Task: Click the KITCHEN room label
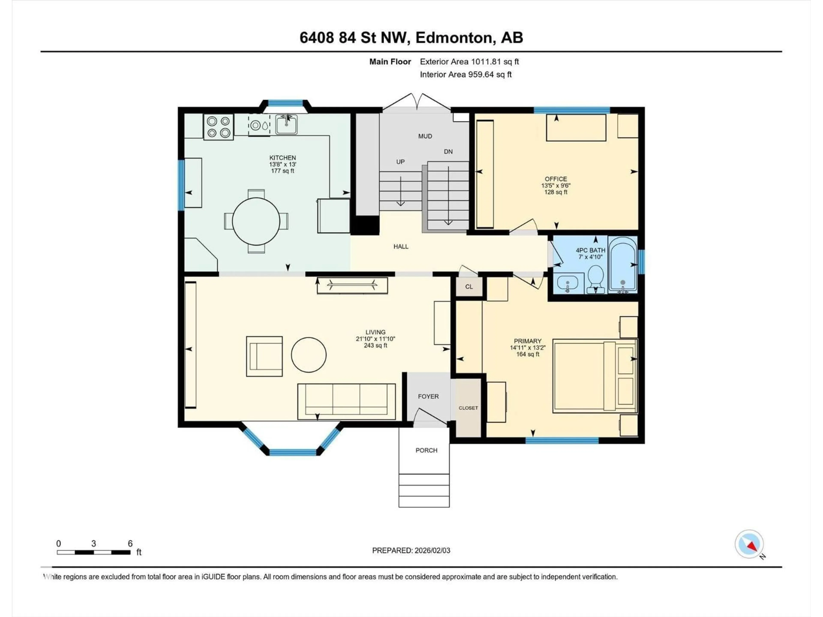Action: tap(282, 158)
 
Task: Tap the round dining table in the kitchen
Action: tap(256, 221)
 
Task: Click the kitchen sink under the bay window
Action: tap(286, 124)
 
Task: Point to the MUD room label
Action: tap(425, 136)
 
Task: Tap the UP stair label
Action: tap(400, 162)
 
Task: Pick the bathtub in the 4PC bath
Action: tap(622, 264)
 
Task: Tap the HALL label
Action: tap(401, 247)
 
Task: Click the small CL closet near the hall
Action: tap(469, 287)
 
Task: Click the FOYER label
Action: tap(428, 397)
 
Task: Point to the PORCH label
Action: tap(426, 450)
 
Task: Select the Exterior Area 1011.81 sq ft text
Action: tap(469, 62)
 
